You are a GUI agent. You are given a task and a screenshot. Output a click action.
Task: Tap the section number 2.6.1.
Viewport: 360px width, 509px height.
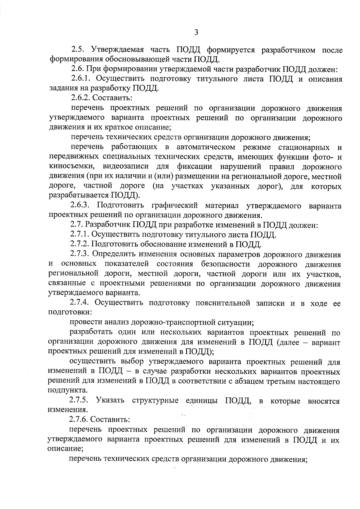(82, 79)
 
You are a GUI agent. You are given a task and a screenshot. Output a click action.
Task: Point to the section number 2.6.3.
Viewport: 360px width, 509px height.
(81, 205)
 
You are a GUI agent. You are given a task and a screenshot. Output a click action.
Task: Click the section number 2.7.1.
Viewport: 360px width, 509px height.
(80, 234)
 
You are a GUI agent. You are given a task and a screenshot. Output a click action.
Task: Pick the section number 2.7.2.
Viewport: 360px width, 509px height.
(80, 244)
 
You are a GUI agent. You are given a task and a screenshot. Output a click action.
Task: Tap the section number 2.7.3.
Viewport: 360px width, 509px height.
(80, 254)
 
